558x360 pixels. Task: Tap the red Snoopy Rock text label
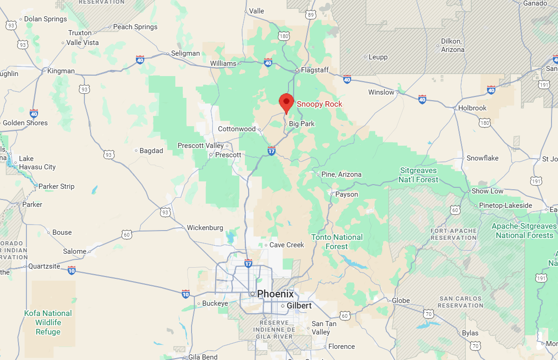click(319, 104)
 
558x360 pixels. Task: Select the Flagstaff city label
click(314, 70)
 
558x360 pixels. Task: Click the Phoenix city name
click(276, 294)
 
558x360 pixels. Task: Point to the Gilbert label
click(299, 306)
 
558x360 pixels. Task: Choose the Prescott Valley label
click(201, 146)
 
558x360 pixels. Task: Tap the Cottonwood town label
click(237, 129)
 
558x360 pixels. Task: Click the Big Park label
click(301, 124)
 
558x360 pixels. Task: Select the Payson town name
click(346, 194)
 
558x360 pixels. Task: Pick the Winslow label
click(381, 92)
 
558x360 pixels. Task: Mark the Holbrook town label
click(472, 108)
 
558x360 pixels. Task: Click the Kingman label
click(61, 71)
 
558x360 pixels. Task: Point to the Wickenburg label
click(205, 228)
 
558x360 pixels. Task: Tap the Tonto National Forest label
click(337, 242)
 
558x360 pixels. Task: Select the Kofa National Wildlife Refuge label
click(48, 322)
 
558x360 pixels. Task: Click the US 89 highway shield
click(311, 15)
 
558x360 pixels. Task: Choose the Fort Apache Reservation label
click(453, 234)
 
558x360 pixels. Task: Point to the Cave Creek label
click(287, 245)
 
